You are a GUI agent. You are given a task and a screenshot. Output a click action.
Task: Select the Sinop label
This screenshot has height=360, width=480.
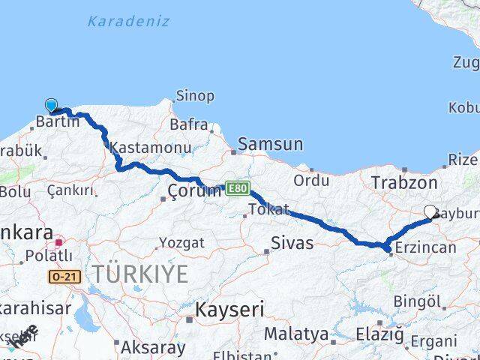coord(195,96)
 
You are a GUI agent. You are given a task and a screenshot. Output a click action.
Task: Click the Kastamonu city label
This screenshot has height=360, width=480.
coord(151,148)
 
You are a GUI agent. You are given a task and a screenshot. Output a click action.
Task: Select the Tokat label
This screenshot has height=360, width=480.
coord(268,209)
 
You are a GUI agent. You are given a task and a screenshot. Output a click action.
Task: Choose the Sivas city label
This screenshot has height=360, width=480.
coord(292,242)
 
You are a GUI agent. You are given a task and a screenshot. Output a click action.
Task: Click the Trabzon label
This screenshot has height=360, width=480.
coord(403,182)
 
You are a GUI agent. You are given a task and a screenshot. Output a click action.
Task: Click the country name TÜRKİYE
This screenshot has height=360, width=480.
coord(140,274)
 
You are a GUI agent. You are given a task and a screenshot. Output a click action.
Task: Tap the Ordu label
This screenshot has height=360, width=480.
coord(311,180)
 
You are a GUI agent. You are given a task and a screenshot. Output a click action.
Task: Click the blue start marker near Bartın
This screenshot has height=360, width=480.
coord(51,106)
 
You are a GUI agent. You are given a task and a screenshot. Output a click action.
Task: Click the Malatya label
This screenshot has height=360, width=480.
coord(296,334)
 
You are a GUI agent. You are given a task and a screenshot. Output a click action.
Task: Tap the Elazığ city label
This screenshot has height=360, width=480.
coord(379,334)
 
